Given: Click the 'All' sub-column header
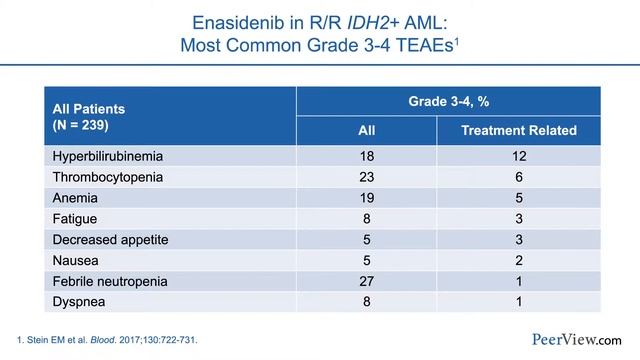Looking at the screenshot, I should [367, 131].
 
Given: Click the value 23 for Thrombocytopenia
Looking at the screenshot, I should [366, 177].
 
